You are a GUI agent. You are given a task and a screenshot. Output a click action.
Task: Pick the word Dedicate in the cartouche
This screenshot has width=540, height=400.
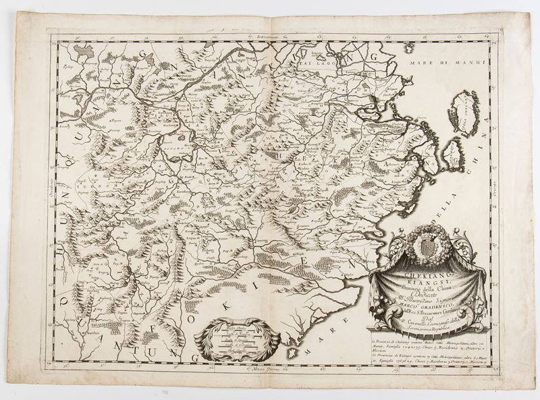tap(423, 296)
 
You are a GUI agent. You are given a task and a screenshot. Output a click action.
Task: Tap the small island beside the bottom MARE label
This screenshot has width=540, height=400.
tap(292, 351)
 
